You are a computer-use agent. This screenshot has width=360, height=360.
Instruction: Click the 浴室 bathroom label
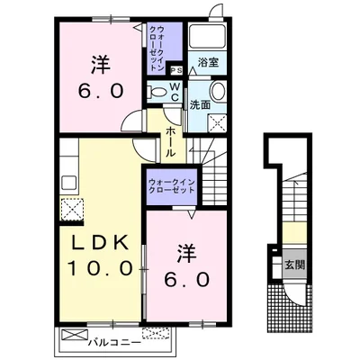coord(208,62)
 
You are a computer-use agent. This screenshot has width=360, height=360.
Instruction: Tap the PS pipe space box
coord(176,70)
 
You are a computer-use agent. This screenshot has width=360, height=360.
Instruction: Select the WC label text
coord(175,92)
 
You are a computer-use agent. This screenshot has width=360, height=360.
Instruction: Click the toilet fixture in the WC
coord(157,91)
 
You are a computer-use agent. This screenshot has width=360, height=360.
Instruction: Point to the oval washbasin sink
coord(218,91)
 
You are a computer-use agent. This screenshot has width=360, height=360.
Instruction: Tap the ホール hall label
coord(170,141)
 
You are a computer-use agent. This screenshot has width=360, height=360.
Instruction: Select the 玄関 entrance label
coord(294,265)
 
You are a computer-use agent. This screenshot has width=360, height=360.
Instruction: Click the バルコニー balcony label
coord(115,343)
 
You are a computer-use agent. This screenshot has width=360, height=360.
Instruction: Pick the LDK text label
coord(100,244)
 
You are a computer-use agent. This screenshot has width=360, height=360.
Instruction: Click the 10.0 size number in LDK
coord(100,267)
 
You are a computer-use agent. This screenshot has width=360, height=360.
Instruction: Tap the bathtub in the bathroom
coord(208,36)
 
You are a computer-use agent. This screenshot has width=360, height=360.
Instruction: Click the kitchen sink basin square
coord(68,183)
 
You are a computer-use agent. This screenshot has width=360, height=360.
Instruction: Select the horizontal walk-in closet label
coord(172,186)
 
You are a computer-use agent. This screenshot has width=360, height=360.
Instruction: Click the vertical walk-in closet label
coord(157,49)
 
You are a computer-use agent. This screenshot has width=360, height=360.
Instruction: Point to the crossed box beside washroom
coord(218,122)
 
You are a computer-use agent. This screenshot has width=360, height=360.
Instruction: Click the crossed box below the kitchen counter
coord(71,209)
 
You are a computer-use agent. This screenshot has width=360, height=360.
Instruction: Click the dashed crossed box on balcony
coord(156,333)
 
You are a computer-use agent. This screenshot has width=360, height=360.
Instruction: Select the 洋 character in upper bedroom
coord(100,65)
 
